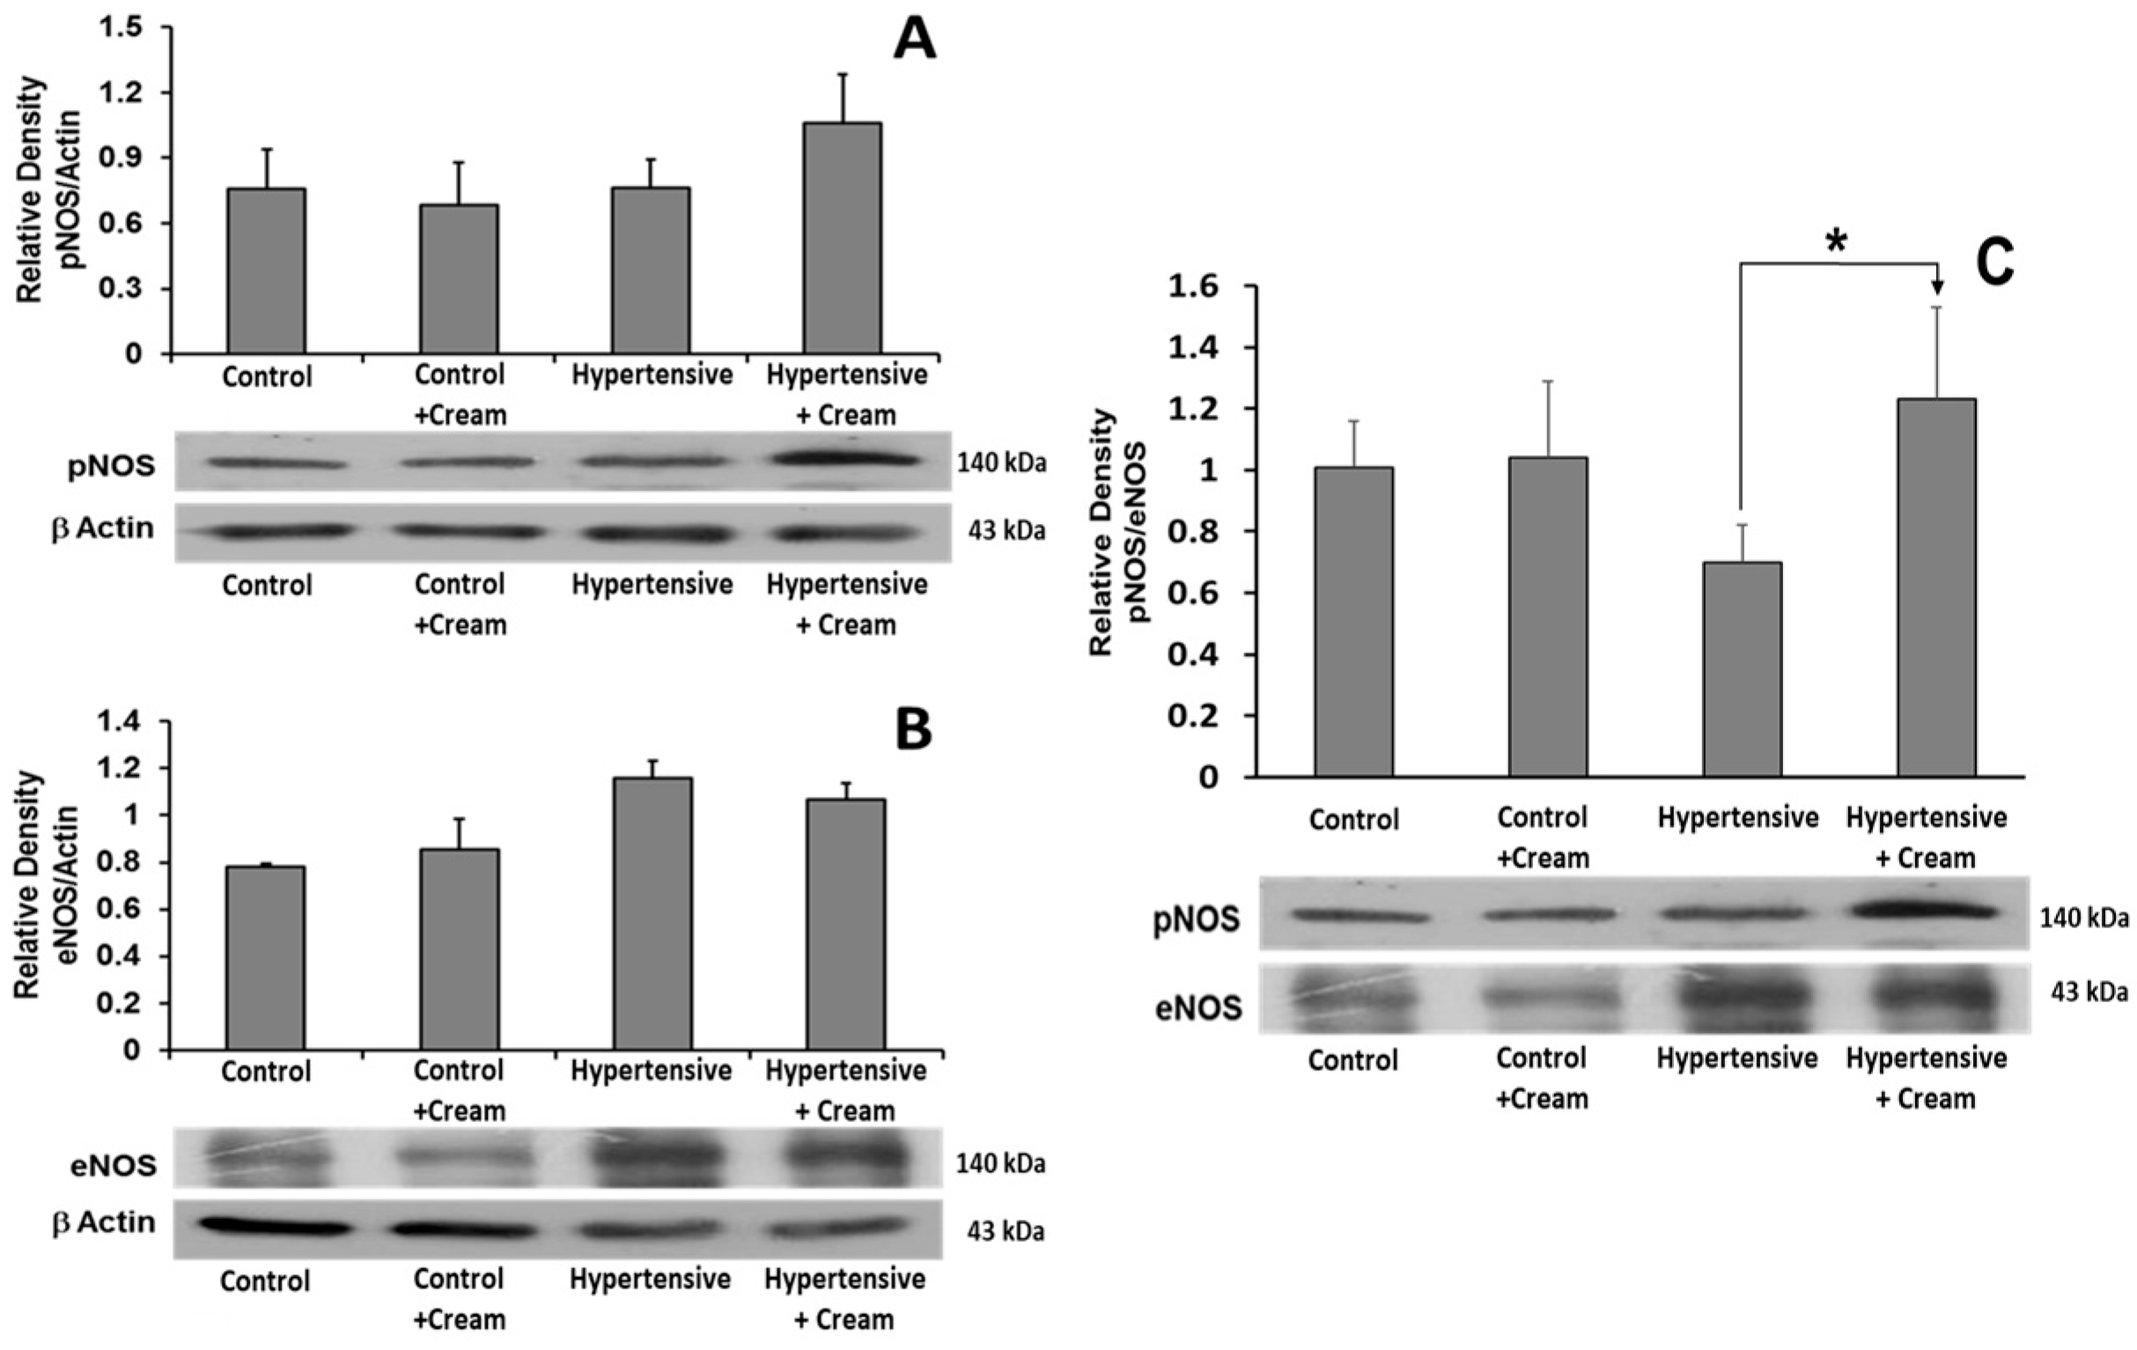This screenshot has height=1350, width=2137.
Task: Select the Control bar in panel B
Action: pos(265,958)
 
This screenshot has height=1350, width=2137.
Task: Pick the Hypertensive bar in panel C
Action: pos(1741,669)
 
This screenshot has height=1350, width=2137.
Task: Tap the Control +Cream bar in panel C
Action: pos(1548,616)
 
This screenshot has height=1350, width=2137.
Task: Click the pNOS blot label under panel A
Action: pos(112,464)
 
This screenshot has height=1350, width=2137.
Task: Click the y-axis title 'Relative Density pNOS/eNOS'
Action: pos(1116,533)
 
